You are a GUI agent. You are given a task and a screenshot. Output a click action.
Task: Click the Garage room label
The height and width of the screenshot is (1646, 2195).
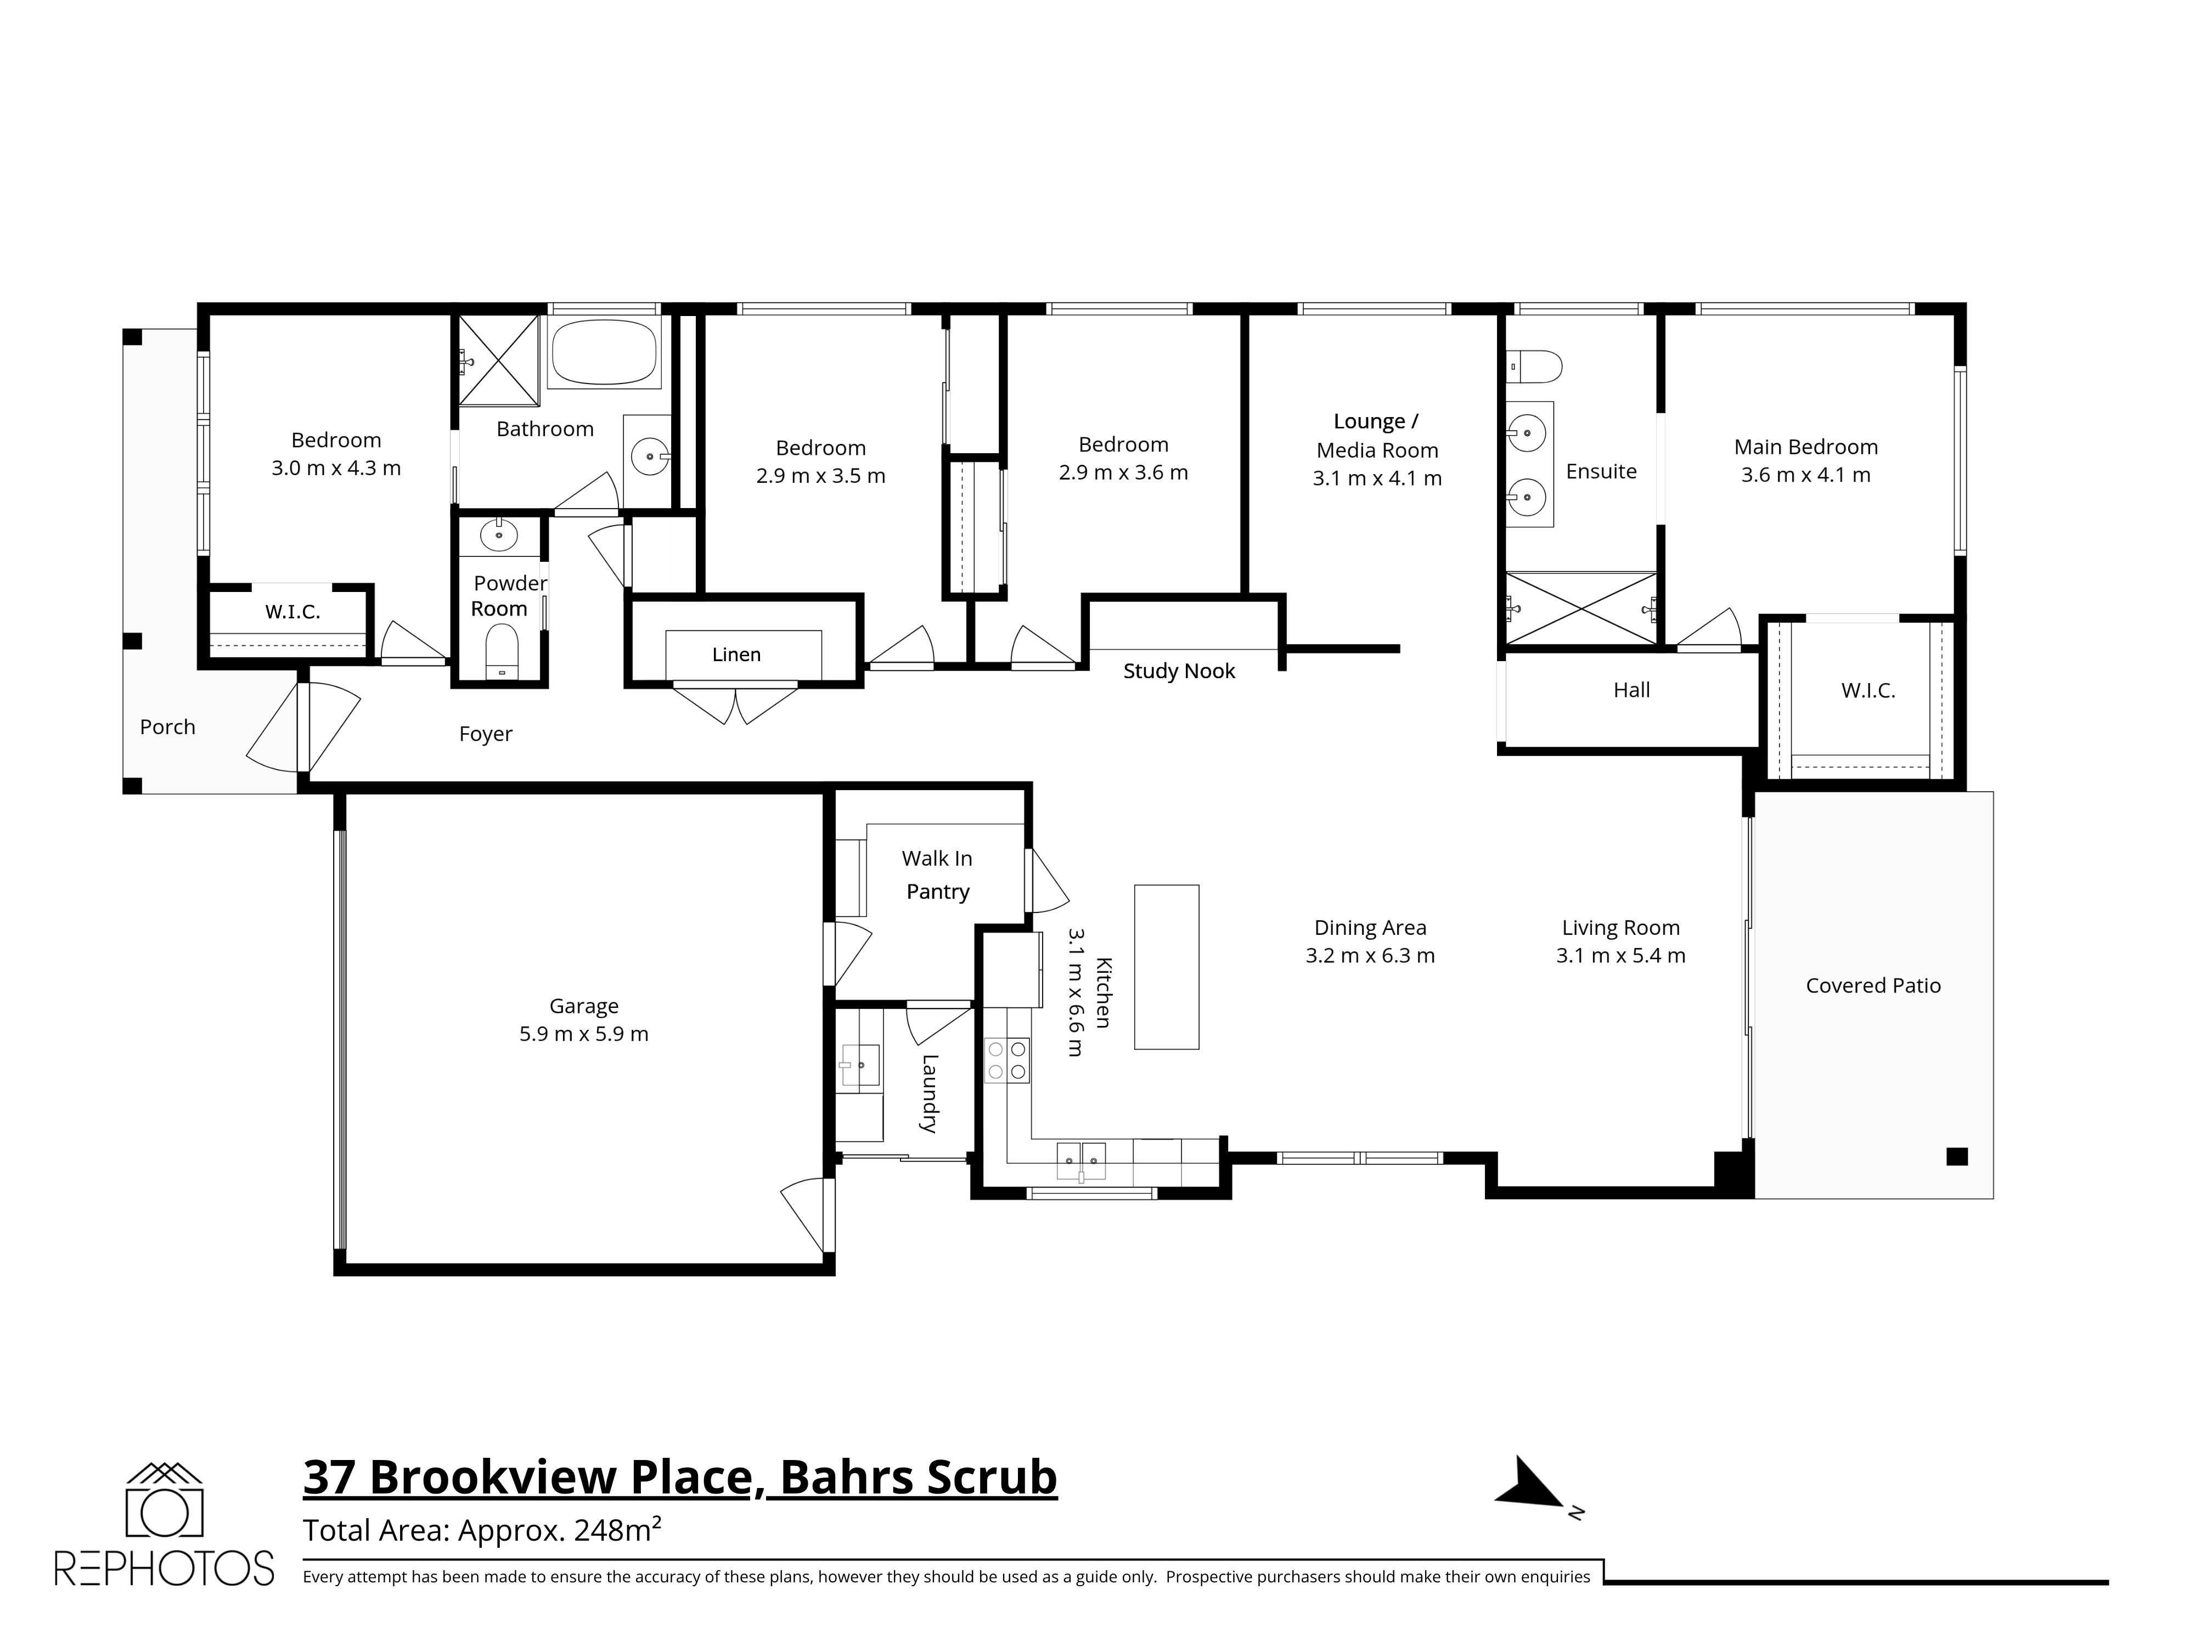tap(583, 1006)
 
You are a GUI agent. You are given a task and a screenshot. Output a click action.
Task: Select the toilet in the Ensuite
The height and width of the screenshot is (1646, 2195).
tap(1533, 366)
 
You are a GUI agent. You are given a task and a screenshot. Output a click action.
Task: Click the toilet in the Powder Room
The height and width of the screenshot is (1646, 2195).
tap(501, 652)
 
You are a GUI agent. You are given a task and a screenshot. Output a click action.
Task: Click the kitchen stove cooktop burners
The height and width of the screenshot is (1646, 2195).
tap(1006, 1059)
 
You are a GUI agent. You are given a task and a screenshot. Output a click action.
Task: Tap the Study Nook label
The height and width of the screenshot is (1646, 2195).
tap(1179, 672)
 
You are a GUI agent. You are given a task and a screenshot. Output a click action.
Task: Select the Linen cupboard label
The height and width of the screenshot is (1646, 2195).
tap(736, 655)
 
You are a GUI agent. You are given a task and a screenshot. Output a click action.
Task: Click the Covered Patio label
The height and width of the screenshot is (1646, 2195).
tap(1872, 985)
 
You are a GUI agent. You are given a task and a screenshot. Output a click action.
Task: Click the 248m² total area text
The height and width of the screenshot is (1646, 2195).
tap(617, 1529)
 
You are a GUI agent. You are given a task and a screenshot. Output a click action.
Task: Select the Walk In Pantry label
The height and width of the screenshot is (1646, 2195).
tap(937, 874)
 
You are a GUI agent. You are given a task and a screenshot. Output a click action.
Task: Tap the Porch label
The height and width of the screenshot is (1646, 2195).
tap(168, 727)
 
